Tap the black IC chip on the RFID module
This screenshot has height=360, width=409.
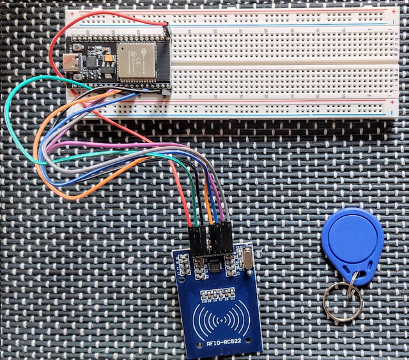[215, 264]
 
